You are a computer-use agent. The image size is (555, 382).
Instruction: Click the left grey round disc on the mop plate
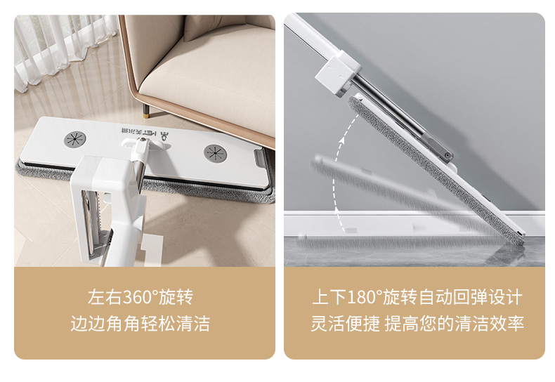click(75, 139)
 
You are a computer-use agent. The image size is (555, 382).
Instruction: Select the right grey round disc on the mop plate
click(215, 153)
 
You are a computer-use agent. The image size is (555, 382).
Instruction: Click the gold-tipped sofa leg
click(146, 110)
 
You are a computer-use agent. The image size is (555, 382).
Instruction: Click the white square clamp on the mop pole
click(338, 73)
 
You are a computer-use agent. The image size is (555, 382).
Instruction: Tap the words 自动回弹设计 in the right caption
click(471, 296)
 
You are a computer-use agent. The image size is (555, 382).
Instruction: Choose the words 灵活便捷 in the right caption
click(346, 323)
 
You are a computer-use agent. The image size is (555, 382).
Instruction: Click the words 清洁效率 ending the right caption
click(490, 323)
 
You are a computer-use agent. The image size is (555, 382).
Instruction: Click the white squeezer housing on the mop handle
click(106, 209)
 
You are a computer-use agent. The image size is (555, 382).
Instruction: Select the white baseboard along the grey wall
click(414, 223)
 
